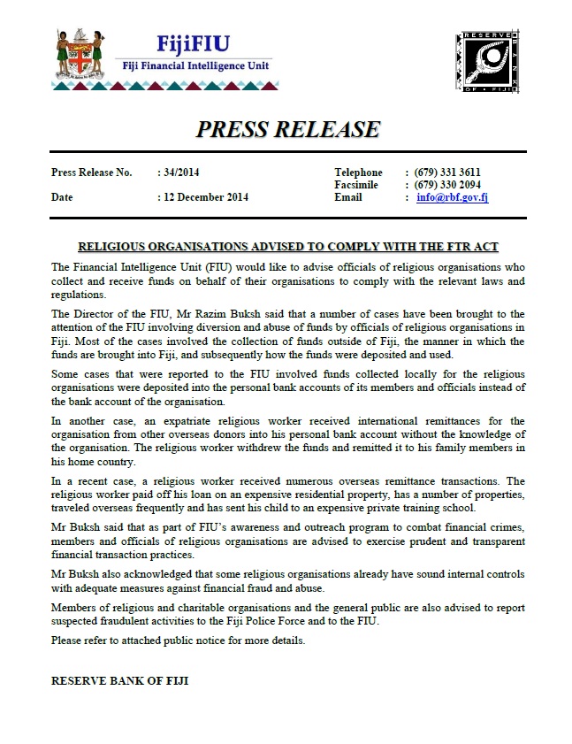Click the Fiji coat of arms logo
[80, 56]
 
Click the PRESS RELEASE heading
[287, 130]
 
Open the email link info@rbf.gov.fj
[453, 197]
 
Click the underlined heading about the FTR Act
[287, 246]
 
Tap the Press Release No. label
[91, 173]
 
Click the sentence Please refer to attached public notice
[178, 640]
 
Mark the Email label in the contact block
[348, 197]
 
